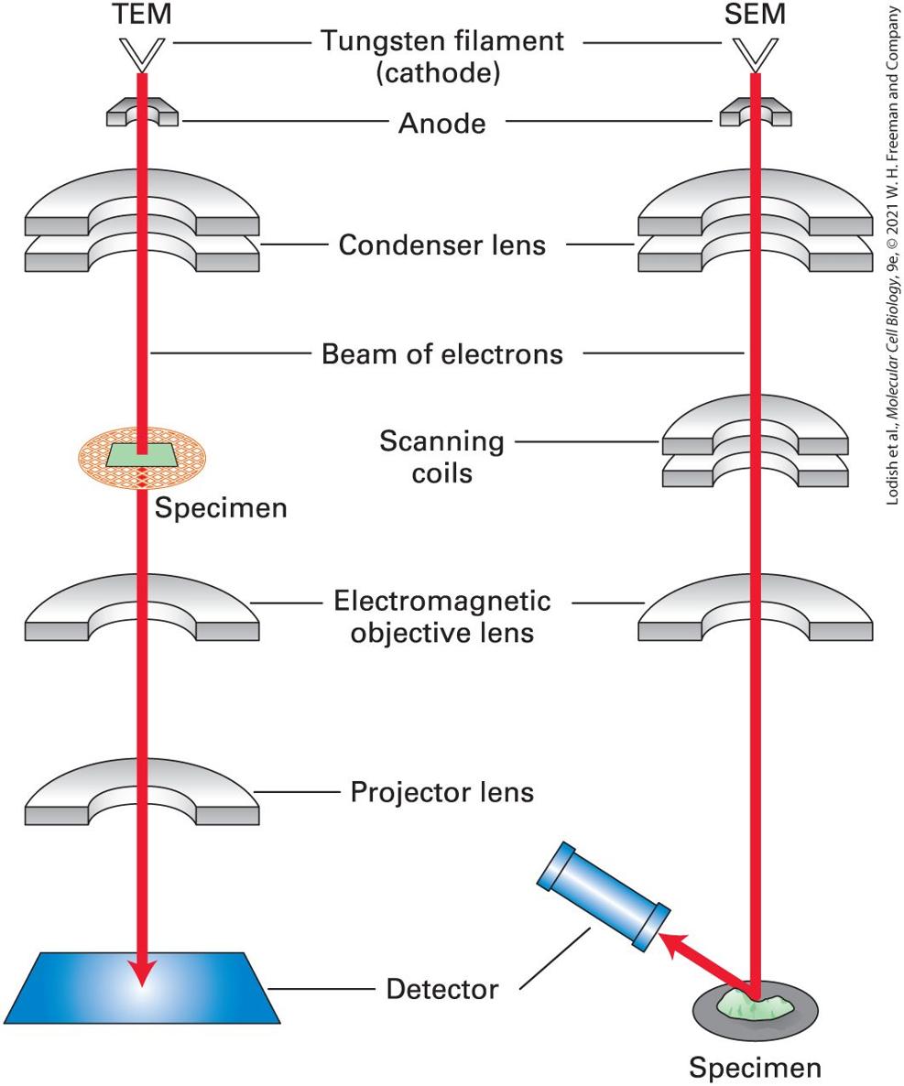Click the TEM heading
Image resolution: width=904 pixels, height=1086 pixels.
tap(142, 14)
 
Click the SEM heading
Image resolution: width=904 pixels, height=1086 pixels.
tap(755, 14)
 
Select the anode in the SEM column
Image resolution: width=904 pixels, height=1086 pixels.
tap(755, 113)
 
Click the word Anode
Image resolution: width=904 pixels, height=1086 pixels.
tap(442, 124)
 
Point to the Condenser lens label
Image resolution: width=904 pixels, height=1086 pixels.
tap(442, 245)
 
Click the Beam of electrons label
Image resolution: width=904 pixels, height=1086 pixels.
tap(442, 354)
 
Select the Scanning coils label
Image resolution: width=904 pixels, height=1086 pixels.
tap(442, 457)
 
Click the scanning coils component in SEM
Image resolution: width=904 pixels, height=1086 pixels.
tap(755, 441)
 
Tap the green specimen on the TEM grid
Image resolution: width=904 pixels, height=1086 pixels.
tap(142, 454)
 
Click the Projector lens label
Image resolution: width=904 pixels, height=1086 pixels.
tap(442, 792)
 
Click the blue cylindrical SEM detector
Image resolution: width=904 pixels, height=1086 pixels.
tap(604, 896)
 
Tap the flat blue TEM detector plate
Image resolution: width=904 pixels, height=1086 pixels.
tap(142, 988)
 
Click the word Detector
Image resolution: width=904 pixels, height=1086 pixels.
tap(442, 989)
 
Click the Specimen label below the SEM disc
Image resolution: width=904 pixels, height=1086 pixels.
tap(755, 1068)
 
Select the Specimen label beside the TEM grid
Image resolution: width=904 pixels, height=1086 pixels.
tap(221, 508)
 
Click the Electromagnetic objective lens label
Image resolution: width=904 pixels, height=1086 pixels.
tap(442, 616)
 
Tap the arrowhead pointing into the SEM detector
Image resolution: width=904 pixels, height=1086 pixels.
tap(669, 943)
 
